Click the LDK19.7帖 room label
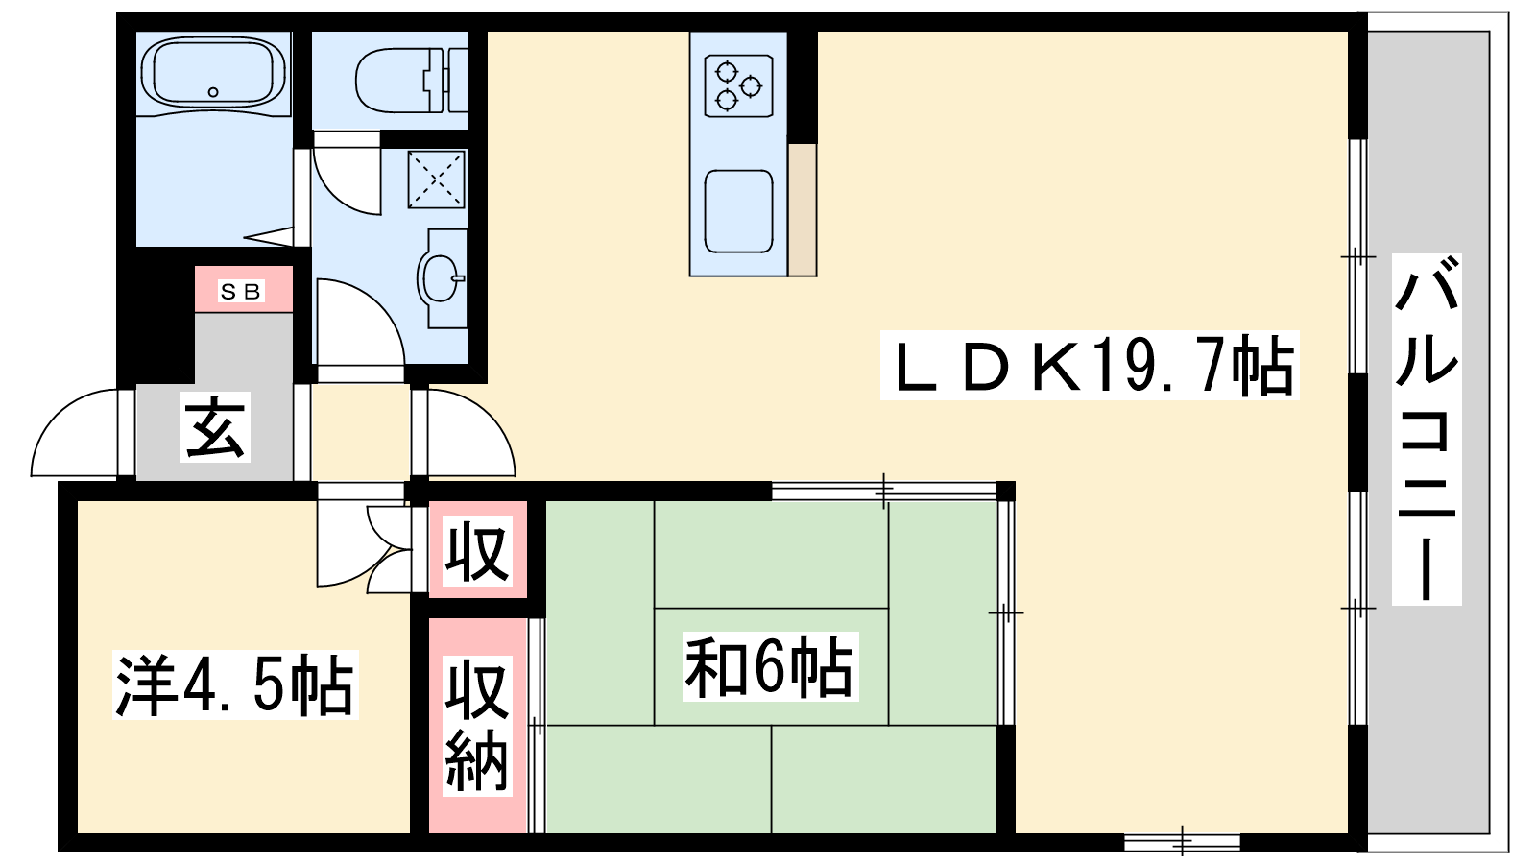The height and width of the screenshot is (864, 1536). tap(1090, 366)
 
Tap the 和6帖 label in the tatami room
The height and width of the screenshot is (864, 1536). tap(770, 666)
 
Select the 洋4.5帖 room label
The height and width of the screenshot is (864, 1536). tap(235, 685)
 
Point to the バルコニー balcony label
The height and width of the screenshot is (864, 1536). tap(1427, 429)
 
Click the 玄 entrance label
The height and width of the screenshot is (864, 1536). tap(215, 427)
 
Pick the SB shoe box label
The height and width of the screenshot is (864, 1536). tap(241, 292)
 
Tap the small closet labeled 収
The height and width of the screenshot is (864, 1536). tap(477, 551)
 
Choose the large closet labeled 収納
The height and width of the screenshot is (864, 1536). tap(477, 726)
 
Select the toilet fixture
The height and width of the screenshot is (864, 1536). tap(412, 81)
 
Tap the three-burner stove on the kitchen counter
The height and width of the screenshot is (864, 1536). tap(738, 86)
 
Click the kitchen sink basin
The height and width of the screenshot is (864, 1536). tap(738, 211)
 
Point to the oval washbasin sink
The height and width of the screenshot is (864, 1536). tap(440, 278)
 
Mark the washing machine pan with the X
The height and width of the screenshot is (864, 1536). tap(436, 179)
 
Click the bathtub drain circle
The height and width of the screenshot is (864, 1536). tap(213, 92)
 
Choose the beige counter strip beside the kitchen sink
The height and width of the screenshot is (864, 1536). tap(803, 209)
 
